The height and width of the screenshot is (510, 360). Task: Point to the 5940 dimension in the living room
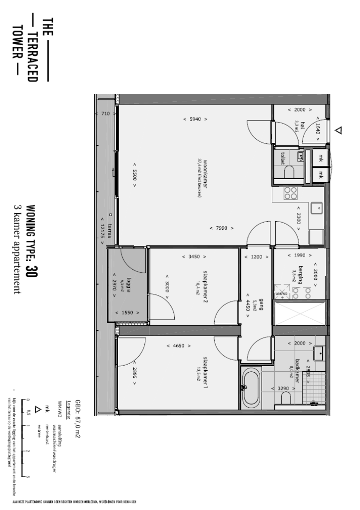pos(195,120)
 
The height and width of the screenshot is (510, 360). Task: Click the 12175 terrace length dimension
pos(102,228)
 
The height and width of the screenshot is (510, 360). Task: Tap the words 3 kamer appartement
pos(17,249)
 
